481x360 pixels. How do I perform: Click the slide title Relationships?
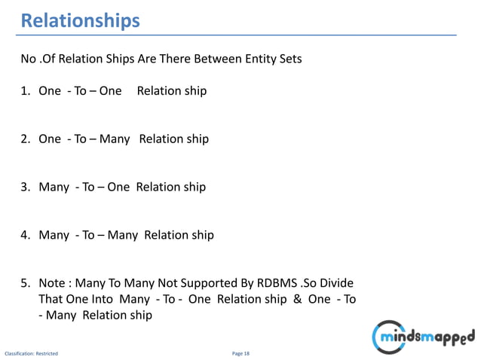point(80,20)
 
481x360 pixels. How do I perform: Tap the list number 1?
point(25,91)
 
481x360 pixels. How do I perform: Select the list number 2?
point(25,139)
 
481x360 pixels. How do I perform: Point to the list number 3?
point(25,187)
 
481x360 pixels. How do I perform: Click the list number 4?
point(25,235)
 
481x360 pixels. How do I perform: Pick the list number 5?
point(25,283)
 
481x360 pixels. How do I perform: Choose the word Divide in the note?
point(334,283)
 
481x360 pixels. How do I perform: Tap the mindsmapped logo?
point(424,334)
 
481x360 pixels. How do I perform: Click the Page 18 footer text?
point(240,352)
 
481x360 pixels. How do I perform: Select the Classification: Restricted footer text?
point(32,352)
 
